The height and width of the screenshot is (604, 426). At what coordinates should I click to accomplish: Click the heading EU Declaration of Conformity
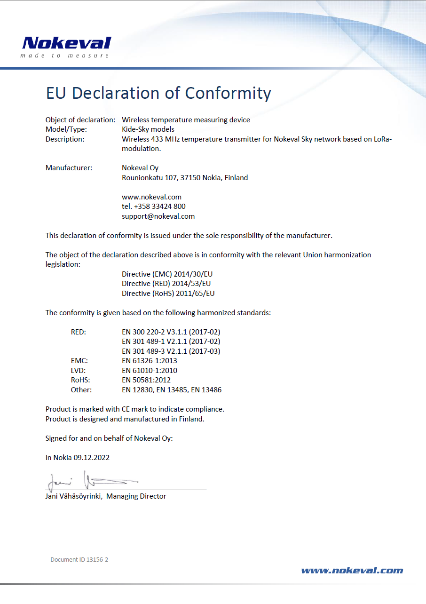click(158, 93)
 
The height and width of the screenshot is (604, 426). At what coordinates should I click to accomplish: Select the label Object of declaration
click(80, 120)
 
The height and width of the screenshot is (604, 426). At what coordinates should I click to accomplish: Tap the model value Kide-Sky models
click(148, 129)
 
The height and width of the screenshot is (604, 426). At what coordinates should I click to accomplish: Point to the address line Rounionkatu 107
click(184, 178)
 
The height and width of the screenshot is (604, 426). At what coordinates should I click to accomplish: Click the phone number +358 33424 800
click(159, 207)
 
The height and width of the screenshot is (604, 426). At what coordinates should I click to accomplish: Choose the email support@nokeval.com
click(158, 216)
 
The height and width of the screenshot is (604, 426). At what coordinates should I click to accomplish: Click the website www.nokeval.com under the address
click(151, 197)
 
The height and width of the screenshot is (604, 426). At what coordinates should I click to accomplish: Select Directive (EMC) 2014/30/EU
click(168, 274)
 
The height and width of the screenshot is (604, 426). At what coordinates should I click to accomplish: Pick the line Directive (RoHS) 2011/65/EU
click(168, 294)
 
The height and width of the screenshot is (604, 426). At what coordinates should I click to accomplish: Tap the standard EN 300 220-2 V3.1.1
click(171, 332)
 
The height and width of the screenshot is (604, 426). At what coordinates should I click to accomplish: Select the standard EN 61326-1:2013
click(149, 361)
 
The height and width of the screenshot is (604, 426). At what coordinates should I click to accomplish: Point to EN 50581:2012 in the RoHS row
click(146, 380)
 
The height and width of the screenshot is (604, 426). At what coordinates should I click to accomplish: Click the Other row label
click(81, 390)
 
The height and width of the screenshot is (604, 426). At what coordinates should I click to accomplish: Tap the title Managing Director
click(136, 496)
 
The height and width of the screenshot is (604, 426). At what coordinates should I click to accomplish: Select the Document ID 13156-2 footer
click(79, 560)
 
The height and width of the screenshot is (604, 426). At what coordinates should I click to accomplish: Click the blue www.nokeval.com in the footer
click(352, 571)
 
